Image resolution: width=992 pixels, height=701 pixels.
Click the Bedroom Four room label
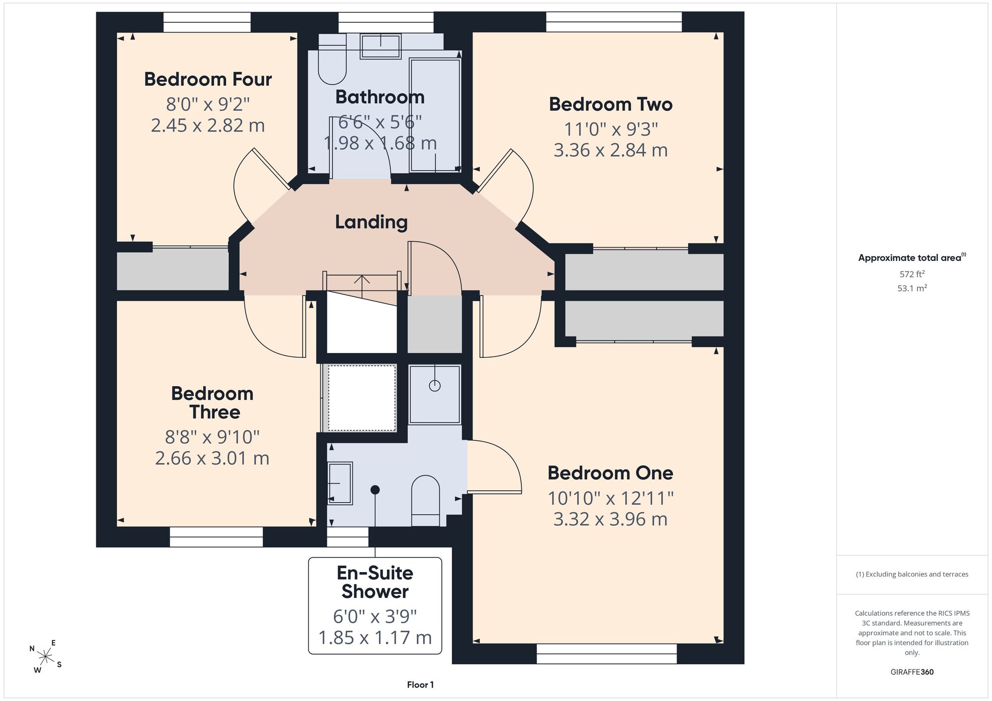click(x=208, y=79)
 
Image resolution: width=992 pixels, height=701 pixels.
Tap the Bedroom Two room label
click(x=611, y=104)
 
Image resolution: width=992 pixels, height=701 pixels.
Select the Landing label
click(x=371, y=222)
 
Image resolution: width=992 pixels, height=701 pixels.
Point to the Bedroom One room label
click(x=610, y=473)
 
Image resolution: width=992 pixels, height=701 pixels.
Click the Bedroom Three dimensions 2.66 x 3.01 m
click(x=212, y=458)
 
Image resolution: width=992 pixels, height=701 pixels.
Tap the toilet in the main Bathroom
click(x=332, y=59)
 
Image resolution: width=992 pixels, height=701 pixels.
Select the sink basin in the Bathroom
click(x=380, y=47)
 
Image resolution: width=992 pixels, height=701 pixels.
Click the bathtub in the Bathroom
click(x=435, y=115)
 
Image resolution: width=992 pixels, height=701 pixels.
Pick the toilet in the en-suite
click(x=426, y=501)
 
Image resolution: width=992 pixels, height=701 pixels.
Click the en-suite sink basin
click(x=340, y=483)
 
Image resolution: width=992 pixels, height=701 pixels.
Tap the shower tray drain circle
click(x=434, y=385)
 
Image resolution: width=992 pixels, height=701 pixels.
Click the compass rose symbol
click(x=45, y=657)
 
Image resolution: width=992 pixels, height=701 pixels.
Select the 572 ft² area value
click(x=912, y=274)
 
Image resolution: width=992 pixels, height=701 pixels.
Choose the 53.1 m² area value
click(x=912, y=288)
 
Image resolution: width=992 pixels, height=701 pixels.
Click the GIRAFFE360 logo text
click(x=912, y=672)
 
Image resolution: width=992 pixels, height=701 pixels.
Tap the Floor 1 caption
click(x=420, y=685)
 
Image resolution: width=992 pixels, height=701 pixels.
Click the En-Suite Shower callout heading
click(x=375, y=582)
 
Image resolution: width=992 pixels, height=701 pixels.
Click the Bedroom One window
click(x=607, y=653)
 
